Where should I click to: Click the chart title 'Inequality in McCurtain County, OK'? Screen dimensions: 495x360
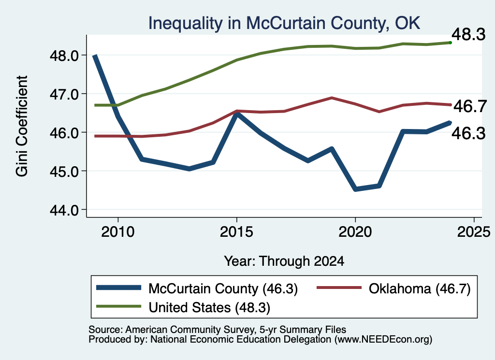(x=284, y=23)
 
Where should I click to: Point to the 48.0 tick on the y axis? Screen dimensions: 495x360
(x=64, y=56)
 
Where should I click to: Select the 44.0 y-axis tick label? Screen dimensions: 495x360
(x=64, y=210)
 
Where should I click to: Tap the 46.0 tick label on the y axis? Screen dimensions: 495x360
(x=64, y=133)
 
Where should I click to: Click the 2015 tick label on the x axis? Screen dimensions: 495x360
(x=236, y=232)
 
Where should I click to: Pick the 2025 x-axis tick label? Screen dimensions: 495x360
(x=474, y=232)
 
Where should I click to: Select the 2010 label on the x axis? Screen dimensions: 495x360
(x=118, y=232)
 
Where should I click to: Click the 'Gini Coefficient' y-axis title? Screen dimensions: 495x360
(x=22, y=126)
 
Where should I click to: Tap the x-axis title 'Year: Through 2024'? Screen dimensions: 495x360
(x=284, y=261)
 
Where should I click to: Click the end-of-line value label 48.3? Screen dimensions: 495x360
(x=468, y=34)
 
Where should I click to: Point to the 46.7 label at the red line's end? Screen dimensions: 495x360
(x=470, y=106)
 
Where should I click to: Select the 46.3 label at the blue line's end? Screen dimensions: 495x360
(x=468, y=133)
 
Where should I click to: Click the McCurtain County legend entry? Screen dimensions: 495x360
(x=197, y=288)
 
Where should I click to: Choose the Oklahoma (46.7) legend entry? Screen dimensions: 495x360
(x=393, y=288)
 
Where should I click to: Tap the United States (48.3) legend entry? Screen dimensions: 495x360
(x=183, y=307)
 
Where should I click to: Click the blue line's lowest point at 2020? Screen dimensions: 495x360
(x=355, y=189)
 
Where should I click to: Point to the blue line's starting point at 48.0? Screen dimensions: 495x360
(x=94, y=56)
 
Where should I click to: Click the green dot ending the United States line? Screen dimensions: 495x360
(x=451, y=43)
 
